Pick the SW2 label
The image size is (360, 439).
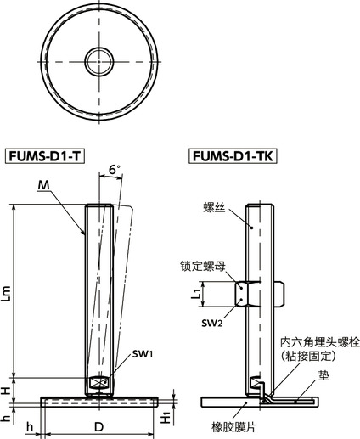[212, 324]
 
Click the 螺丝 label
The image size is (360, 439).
[213, 207]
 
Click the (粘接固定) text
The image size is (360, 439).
[315, 357]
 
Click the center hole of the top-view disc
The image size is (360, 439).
[96, 59]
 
